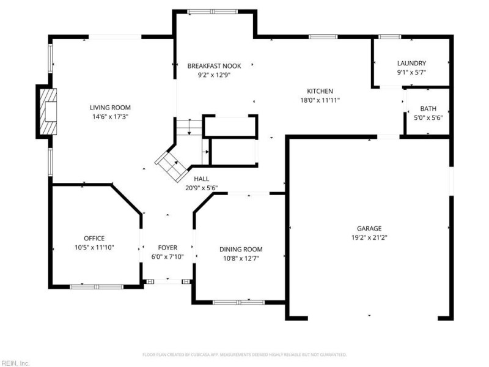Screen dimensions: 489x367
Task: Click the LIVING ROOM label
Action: pos(110,108)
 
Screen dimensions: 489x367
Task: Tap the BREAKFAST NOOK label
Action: pos(215,66)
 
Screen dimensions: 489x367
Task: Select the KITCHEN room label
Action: pos(320,91)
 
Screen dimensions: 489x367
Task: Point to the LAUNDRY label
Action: pos(411,64)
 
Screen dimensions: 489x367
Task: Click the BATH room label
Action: pos(428,109)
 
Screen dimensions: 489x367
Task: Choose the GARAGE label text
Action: pos(369,228)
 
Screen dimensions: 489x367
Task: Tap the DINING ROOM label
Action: pos(241,250)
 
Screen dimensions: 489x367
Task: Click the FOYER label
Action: pos(167,248)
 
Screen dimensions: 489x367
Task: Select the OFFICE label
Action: pos(94,239)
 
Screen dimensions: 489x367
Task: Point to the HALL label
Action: pos(202,179)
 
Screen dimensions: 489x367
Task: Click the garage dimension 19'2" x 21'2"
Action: pos(369,237)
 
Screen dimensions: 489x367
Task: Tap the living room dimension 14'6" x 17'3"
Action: pos(110,117)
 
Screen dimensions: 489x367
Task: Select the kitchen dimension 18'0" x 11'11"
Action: pos(320,100)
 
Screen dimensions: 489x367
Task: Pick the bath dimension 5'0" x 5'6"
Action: pos(428,117)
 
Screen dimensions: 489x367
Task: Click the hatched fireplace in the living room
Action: pos(48,112)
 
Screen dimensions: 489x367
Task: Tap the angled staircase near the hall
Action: pos(171,166)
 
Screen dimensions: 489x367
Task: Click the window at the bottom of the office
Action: pos(97,286)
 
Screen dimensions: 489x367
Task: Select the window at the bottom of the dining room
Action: pos(238,302)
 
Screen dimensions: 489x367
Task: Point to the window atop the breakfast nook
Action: pos(212,12)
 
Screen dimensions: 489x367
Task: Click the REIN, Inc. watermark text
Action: pos(15,363)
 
